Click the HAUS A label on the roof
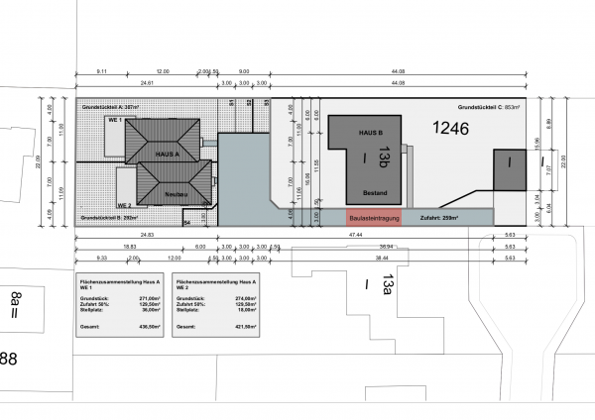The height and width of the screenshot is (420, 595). [167, 156]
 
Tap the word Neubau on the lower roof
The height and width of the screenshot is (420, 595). [176, 192]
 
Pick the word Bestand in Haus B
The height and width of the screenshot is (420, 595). [374, 192]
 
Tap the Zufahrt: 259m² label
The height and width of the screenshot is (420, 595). [439, 216]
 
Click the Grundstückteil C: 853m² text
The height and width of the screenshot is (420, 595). [489, 105]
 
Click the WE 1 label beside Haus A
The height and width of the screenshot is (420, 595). [114, 120]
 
